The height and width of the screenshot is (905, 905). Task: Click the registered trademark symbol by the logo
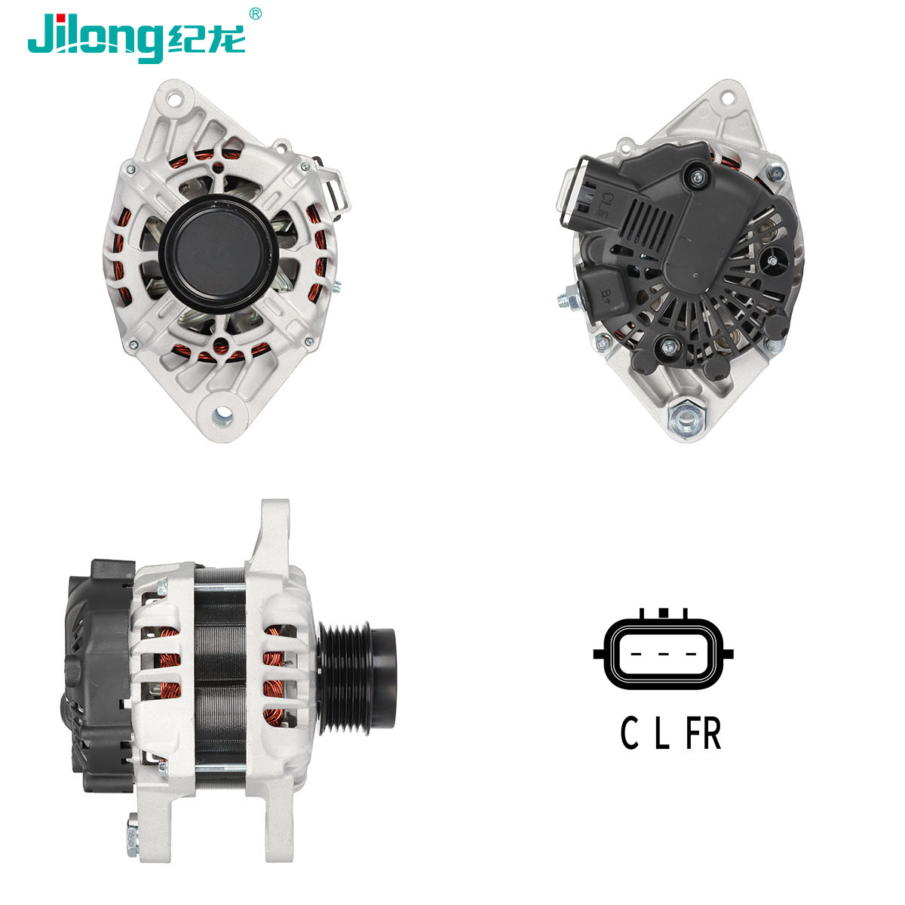(255, 14)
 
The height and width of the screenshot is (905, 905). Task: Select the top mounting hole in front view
(173, 99)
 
